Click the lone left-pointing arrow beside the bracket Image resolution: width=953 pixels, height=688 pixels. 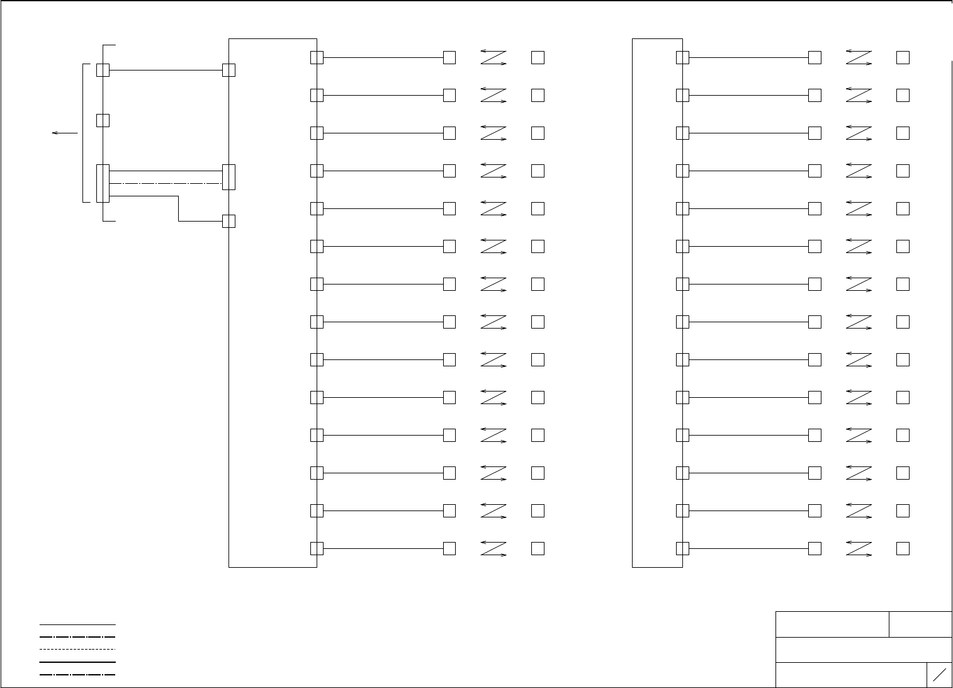[64, 133]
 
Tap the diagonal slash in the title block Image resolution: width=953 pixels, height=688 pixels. [939, 675]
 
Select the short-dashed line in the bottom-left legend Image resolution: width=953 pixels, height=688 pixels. [77, 649]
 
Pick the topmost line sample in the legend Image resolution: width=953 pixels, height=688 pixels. [77, 624]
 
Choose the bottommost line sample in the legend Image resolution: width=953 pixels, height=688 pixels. [77, 675]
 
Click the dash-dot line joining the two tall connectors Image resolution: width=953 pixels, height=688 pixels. [166, 183]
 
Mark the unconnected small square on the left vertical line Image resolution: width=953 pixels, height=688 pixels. [103, 120]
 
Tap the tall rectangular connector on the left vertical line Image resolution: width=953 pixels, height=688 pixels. [103, 183]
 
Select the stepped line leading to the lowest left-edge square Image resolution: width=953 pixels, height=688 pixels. [179, 208]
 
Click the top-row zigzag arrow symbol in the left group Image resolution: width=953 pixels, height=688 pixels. [493, 57]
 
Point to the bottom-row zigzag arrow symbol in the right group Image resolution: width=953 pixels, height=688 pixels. [859, 548]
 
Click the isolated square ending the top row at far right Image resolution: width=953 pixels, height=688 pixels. [903, 57]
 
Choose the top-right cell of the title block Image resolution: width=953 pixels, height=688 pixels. [920, 624]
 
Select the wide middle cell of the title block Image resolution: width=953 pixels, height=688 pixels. [864, 650]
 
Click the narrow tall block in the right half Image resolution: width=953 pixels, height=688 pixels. [657, 302]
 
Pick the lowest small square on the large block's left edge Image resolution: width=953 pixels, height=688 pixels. [228, 221]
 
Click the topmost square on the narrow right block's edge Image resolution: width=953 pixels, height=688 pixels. [682, 57]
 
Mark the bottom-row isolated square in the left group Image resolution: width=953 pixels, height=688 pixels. [538, 548]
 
